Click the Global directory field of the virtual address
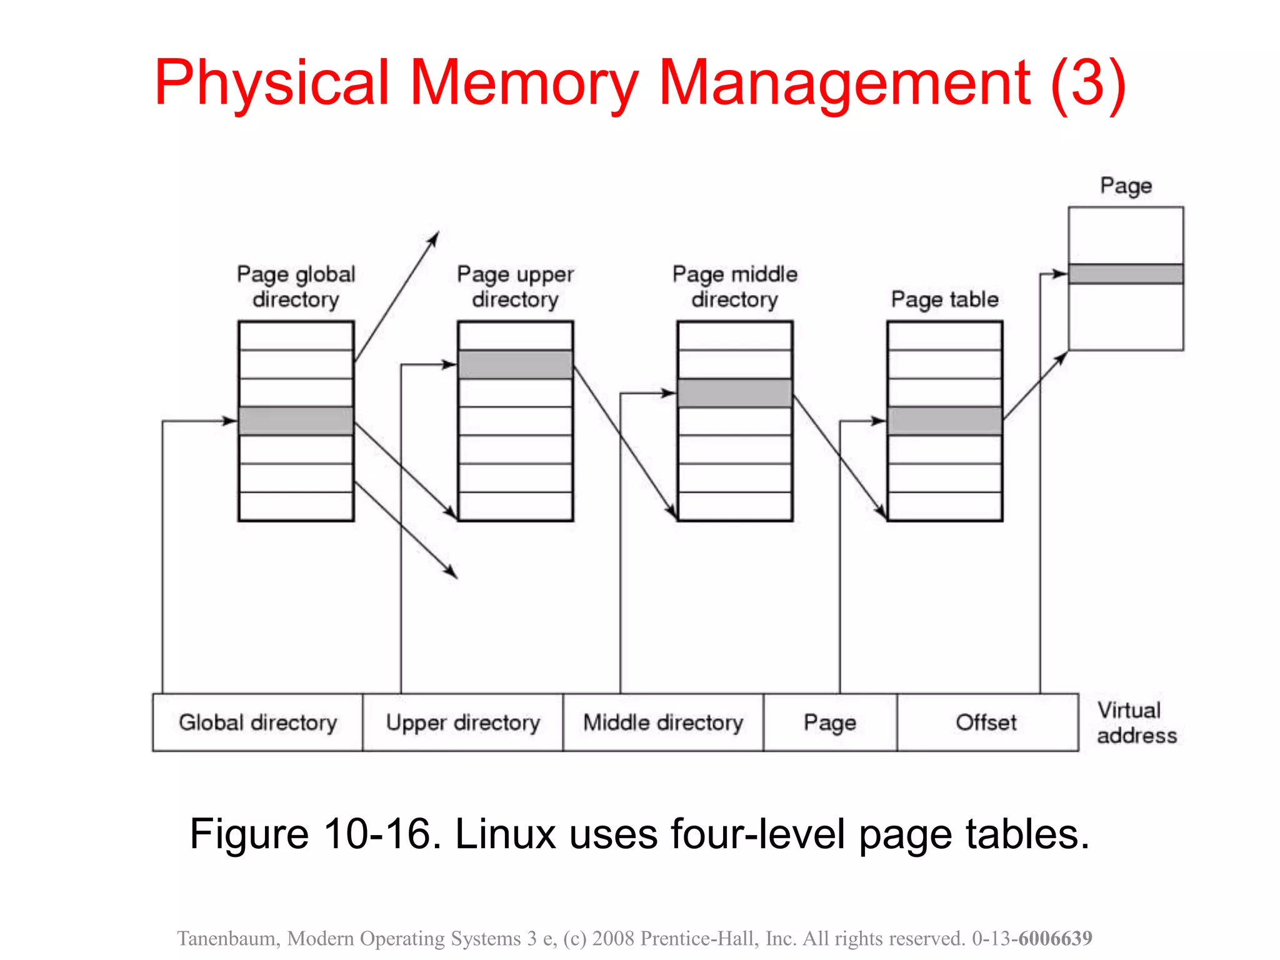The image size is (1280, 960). click(257, 722)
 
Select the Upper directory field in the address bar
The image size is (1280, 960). click(462, 722)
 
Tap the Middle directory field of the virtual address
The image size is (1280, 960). click(663, 722)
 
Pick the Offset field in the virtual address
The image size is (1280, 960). click(986, 722)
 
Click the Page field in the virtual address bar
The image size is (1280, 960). click(829, 722)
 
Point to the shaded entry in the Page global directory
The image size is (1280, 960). click(296, 421)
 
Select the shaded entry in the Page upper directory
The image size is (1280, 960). click(515, 364)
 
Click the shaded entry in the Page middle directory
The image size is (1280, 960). click(735, 393)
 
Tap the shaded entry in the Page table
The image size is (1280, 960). click(944, 421)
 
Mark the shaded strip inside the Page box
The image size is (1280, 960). click(1125, 274)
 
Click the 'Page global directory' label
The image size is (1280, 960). click(296, 287)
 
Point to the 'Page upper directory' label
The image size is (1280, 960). click(515, 287)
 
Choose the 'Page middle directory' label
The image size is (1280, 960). click(735, 287)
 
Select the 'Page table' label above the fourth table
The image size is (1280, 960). click(944, 299)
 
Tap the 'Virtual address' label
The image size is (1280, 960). click(1136, 723)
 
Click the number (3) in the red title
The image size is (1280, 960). click(1088, 82)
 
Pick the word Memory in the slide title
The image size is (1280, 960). click(524, 82)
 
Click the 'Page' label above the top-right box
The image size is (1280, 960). click(1126, 186)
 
